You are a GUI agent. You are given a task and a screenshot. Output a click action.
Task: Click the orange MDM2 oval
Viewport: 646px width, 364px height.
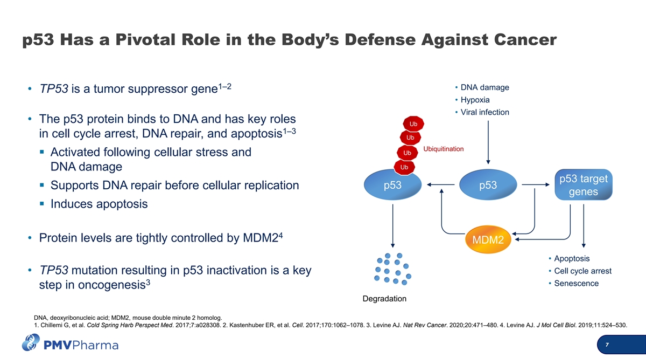pyautogui.click(x=488, y=239)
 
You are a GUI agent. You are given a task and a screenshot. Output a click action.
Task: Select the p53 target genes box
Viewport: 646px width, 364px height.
pyautogui.click(x=584, y=185)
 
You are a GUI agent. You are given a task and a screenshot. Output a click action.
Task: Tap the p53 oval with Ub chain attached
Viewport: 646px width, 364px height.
pyautogui.click(x=392, y=185)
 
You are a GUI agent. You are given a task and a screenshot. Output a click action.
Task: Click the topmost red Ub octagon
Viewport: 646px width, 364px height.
pyautogui.click(x=413, y=124)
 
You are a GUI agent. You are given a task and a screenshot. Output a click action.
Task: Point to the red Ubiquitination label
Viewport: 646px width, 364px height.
pyautogui.click(x=444, y=149)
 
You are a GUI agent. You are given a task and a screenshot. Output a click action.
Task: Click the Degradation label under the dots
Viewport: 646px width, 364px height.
pyautogui.click(x=384, y=299)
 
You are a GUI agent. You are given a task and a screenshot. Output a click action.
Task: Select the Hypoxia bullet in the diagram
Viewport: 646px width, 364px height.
pyautogui.click(x=475, y=100)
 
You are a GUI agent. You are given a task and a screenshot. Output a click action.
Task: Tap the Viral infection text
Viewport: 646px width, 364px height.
pyautogui.click(x=485, y=112)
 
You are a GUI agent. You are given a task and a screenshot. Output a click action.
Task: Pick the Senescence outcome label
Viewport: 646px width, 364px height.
pyautogui.click(x=576, y=284)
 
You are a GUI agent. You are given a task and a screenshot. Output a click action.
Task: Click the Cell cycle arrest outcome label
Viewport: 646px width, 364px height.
pyautogui.click(x=582, y=271)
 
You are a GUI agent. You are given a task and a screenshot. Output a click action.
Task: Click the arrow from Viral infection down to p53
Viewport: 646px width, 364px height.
pyautogui.click(x=488, y=142)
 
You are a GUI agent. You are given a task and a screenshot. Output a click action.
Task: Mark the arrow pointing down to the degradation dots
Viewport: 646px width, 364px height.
pyautogui.click(x=392, y=226)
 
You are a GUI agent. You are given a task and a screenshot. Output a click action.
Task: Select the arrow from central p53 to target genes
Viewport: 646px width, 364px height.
pyautogui.click(x=536, y=184)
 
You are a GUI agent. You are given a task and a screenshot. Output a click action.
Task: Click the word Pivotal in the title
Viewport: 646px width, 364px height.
pyautogui.click(x=145, y=39)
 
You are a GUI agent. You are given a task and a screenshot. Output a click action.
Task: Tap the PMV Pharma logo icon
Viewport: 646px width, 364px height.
pyautogui.click(x=31, y=342)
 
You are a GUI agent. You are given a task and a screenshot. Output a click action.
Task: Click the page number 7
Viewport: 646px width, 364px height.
pyautogui.click(x=607, y=345)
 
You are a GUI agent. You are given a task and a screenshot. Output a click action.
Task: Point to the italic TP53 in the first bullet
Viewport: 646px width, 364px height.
pyautogui.click(x=54, y=88)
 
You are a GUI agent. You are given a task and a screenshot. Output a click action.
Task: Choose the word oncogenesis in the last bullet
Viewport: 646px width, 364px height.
pyautogui.click(x=111, y=285)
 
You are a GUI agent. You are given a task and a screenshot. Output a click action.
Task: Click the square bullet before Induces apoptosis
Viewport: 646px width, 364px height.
pyautogui.click(x=42, y=204)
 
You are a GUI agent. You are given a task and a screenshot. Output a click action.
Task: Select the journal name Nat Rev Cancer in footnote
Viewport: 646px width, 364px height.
pyautogui.click(x=425, y=325)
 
